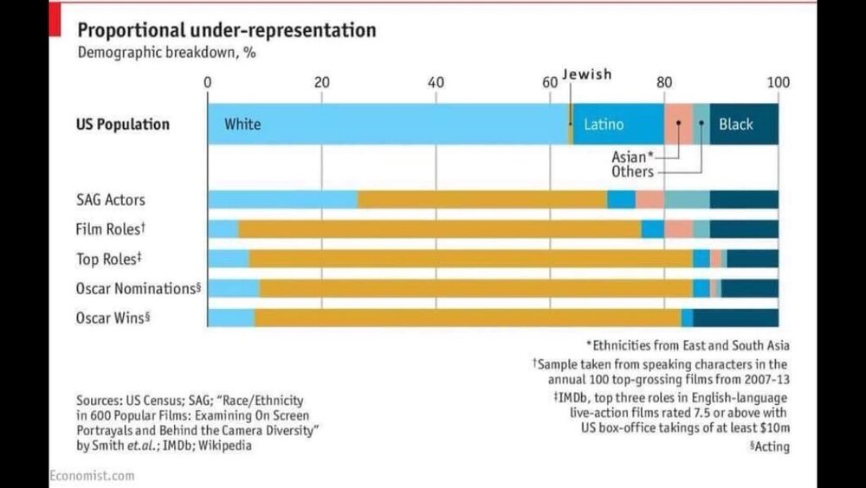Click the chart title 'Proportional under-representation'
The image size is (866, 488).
pos(227,30)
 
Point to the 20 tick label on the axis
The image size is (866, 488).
pos(322,82)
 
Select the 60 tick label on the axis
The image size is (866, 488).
pos(550,82)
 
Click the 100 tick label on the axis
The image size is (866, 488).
pos(778,82)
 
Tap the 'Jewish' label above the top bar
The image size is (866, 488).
pos(587,74)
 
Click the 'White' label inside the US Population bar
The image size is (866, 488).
pos(242,124)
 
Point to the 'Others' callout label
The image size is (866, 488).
pos(632,171)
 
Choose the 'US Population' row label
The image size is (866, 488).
pos(121,124)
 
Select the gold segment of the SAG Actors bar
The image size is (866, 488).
pos(481,200)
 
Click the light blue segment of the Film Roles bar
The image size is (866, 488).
pos(223,229)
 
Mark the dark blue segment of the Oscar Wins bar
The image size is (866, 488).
pos(735,318)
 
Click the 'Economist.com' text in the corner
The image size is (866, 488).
pos(92,475)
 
